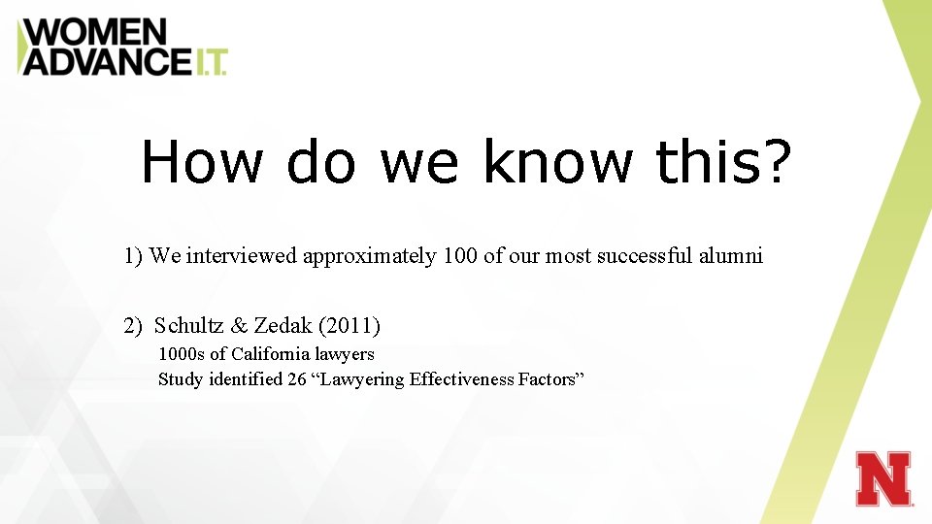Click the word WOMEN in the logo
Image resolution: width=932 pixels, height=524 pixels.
point(94,32)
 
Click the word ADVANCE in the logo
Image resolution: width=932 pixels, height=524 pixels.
point(107,61)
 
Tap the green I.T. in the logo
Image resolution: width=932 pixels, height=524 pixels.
point(210,62)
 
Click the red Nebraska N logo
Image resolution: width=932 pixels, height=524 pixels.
point(883,478)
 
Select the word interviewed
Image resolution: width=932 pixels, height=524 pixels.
point(242,256)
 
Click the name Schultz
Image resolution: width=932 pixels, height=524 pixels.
point(189,324)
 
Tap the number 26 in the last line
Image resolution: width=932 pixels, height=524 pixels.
point(297,379)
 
